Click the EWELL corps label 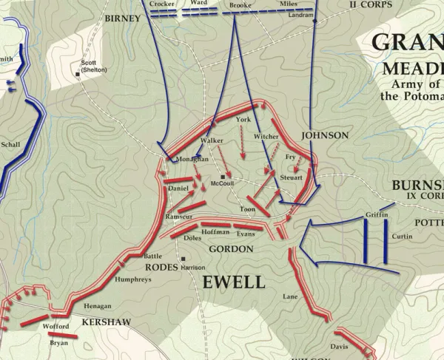[x=232, y=282]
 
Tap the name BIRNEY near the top [x=122, y=18]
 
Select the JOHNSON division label [x=324, y=135]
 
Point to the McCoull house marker [x=223, y=177]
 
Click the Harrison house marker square [x=183, y=259]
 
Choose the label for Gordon [x=231, y=249]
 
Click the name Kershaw [x=106, y=322]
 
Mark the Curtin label [x=403, y=237]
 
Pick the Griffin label [x=376, y=215]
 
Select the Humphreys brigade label [x=133, y=279]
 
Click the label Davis [x=340, y=346]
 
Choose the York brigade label [x=243, y=119]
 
